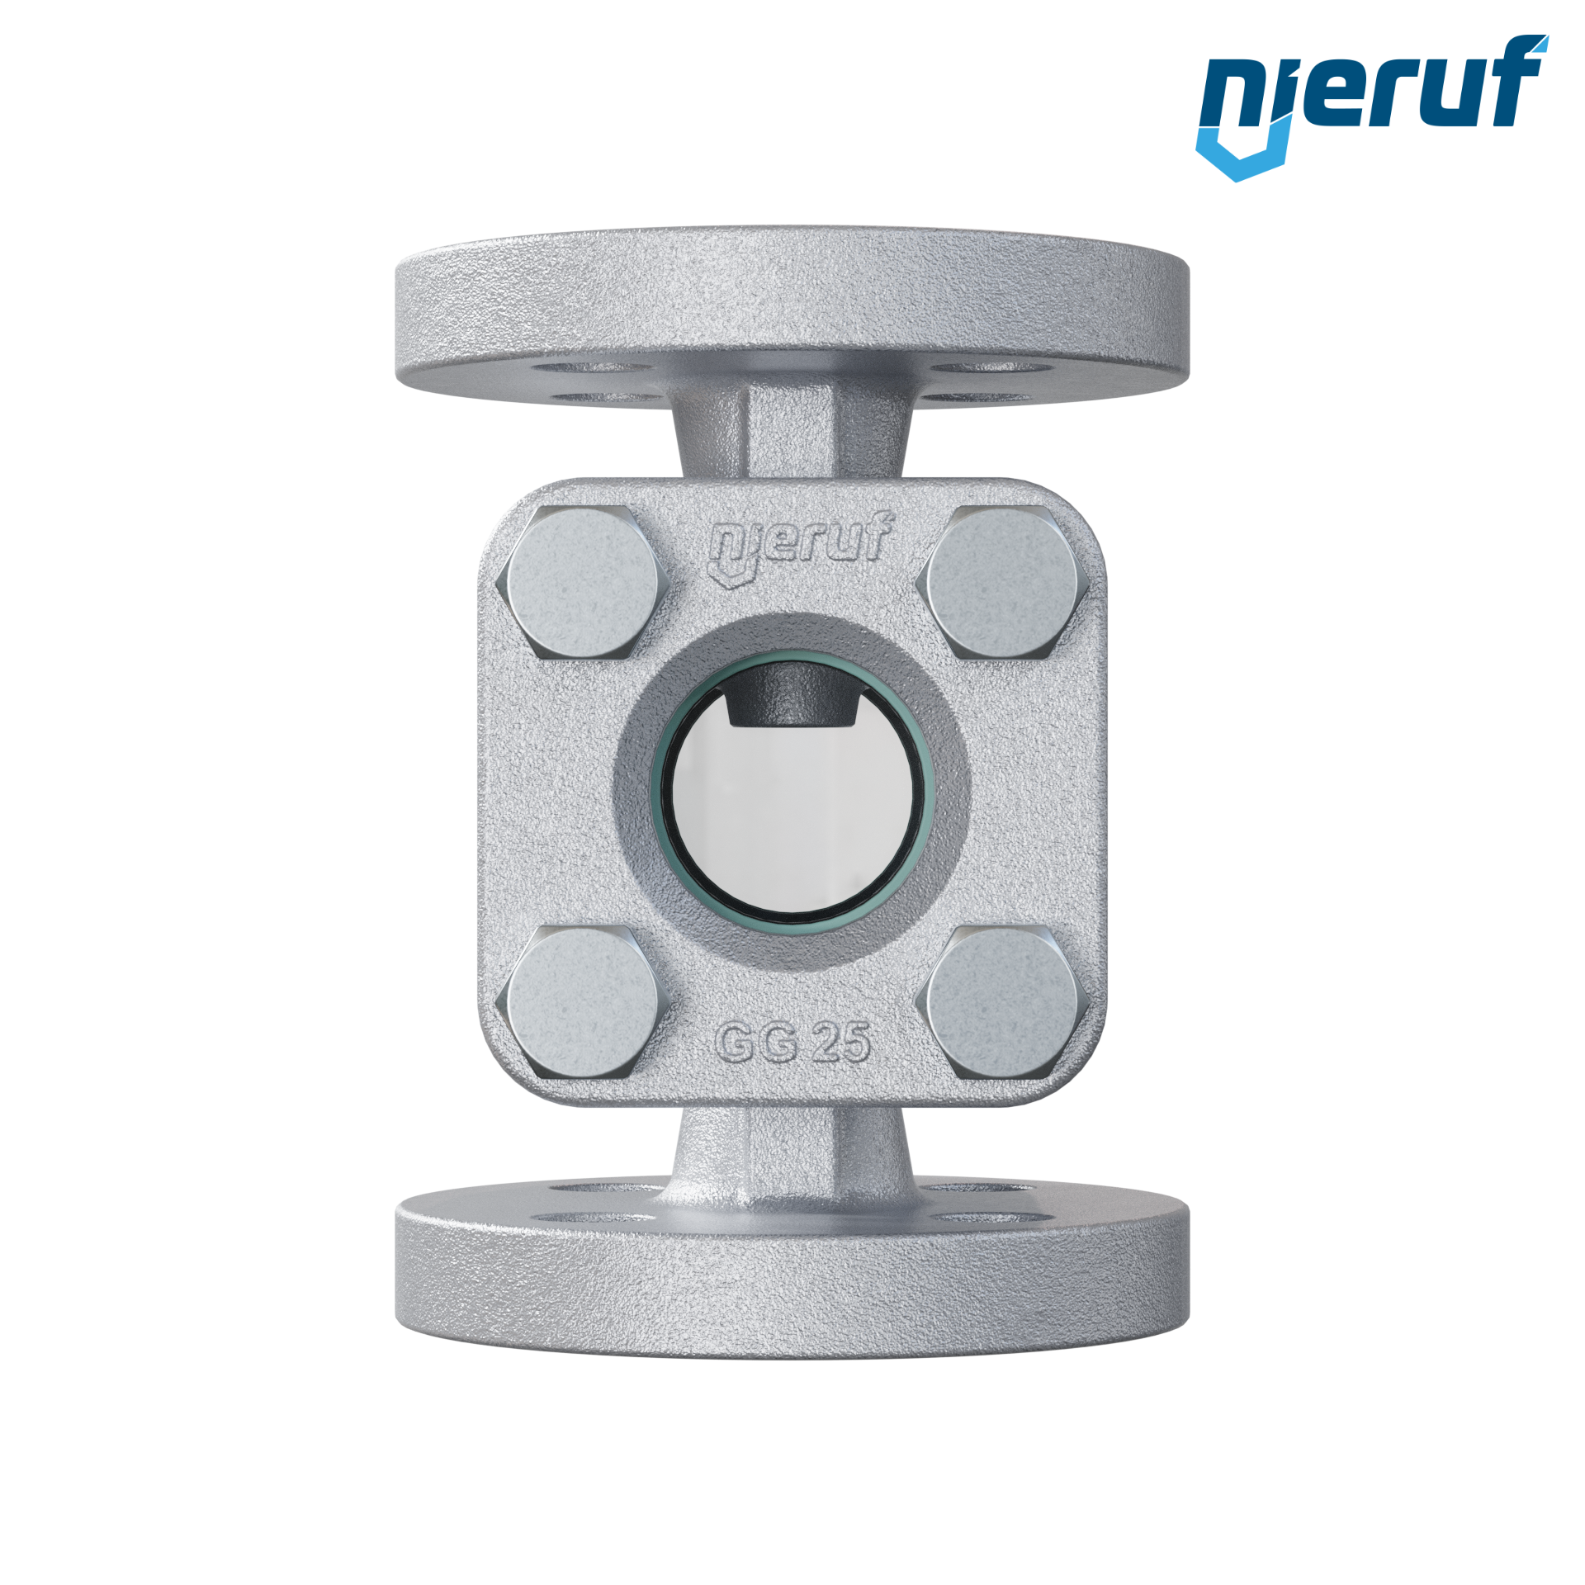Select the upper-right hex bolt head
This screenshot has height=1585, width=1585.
point(1002,582)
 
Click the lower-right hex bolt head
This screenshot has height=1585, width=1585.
point(1002,1001)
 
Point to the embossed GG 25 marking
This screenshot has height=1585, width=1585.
point(792,1043)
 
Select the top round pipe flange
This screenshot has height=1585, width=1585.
point(792,317)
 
